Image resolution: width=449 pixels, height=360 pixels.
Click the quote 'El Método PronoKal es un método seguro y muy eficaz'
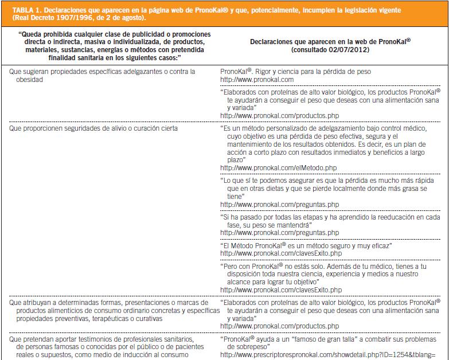point(306,245)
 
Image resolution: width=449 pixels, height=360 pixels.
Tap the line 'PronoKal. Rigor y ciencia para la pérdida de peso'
point(295,72)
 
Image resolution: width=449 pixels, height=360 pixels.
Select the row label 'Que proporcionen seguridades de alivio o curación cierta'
point(93,128)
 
